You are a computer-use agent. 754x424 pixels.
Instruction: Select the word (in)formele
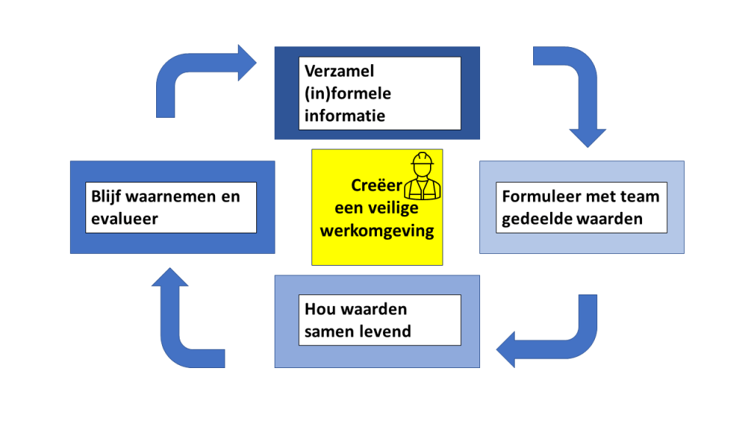[x=348, y=93]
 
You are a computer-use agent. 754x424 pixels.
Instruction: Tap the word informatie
[x=345, y=116]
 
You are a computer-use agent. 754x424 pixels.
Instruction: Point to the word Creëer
[x=376, y=185]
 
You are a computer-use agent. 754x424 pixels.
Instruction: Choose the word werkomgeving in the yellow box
[x=377, y=230]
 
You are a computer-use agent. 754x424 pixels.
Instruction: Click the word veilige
[x=403, y=208]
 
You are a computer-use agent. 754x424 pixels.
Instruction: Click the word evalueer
[x=124, y=219]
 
